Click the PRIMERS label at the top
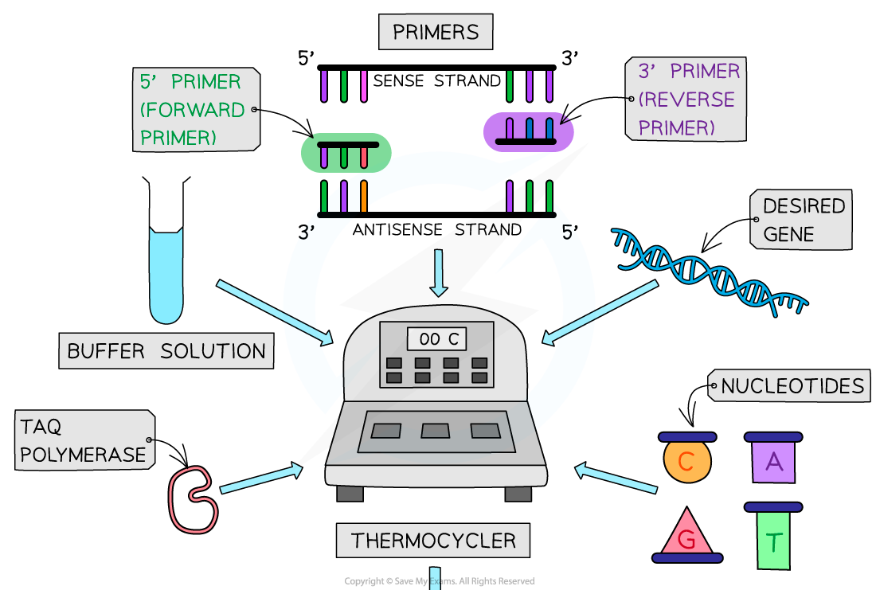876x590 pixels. [436, 33]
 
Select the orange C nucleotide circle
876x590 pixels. [687, 461]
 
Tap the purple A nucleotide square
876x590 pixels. [773, 461]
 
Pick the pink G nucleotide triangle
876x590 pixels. [686, 535]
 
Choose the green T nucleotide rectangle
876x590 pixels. [773, 541]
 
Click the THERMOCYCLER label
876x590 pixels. [433, 541]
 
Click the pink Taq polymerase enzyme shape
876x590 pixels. [192, 499]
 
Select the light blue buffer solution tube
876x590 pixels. [166, 275]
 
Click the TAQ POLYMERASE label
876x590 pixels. [84, 440]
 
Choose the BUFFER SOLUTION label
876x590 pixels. [166, 351]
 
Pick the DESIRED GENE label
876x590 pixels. [801, 220]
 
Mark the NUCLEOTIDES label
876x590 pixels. [791, 387]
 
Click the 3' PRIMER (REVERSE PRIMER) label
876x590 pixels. [687, 100]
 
